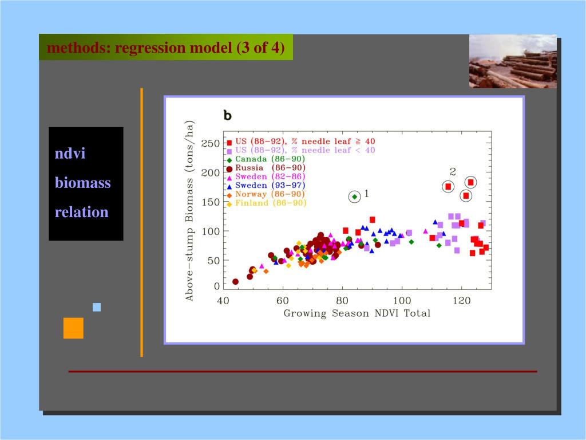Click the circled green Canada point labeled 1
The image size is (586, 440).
click(355, 197)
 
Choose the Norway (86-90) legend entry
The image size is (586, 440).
click(266, 194)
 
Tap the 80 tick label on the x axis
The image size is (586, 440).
click(342, 301)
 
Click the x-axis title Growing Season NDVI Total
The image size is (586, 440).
click(357, 313)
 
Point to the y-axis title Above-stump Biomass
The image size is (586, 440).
click(189, 210)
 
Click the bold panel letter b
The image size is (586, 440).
click(227, 116)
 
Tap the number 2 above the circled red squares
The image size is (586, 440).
click(453, 171)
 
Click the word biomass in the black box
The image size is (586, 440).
click(82, 183)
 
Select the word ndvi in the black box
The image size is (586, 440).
click(70, 154)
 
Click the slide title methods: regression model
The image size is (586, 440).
click(165, 47)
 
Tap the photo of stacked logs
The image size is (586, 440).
click(513, 61)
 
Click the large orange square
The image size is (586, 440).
click(73, 328)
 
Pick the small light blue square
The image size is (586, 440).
click(97, 307)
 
